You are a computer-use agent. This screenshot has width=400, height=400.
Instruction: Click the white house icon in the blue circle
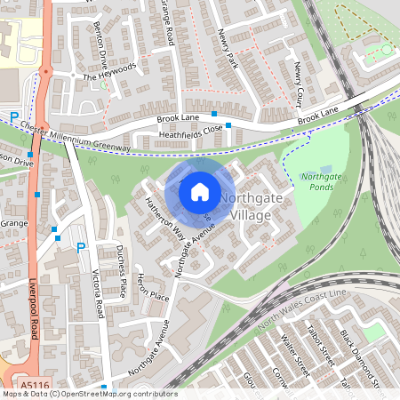click(200, 191)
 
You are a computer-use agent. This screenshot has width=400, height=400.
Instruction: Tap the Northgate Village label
click(252, 206)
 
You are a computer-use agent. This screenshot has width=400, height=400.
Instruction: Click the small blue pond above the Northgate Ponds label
click(325, 169)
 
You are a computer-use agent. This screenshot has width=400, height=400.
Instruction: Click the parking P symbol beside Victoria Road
click(82, 247)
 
